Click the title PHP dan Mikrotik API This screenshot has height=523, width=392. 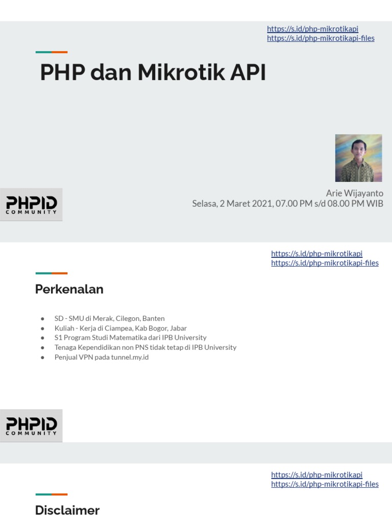153,73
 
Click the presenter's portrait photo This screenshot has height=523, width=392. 358,158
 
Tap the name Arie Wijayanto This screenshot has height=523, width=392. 354,193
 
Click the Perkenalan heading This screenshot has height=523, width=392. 69,289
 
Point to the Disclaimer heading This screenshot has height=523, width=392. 67,510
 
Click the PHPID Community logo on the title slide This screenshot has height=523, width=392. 31,204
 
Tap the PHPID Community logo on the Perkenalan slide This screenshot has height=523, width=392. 31,425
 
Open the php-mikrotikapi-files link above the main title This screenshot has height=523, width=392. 321,38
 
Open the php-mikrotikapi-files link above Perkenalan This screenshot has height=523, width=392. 325,263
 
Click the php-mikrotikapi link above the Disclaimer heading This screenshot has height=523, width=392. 316,474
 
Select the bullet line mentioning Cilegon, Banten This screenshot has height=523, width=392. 109,318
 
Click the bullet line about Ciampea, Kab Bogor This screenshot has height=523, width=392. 120,328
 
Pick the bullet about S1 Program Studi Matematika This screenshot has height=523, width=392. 130,338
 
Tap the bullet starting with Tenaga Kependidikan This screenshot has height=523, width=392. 145,347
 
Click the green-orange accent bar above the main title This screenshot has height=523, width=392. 52,52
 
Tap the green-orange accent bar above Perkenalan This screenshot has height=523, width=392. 52,273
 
